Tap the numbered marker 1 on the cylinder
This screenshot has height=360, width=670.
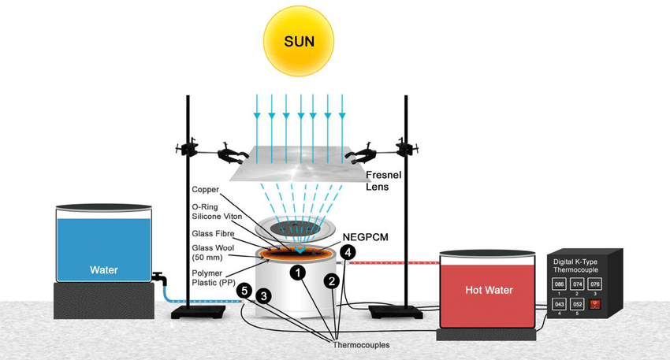point(298,273)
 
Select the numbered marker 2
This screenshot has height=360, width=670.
point(333,280)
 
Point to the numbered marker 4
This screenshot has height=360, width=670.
point(349,251)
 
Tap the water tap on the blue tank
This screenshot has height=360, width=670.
point(160,279)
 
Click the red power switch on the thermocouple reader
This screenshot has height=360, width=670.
point(596,303)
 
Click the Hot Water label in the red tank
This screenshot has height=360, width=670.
point(489,291)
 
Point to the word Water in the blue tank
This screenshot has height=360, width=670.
point(103,270)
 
